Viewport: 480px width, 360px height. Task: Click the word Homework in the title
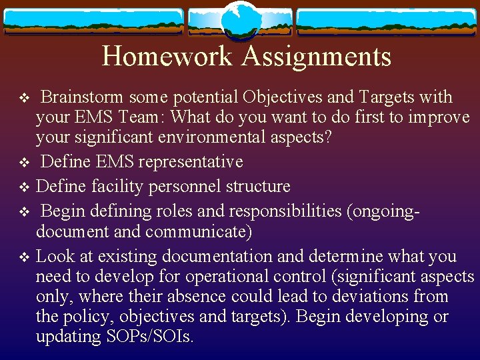click(167, 56)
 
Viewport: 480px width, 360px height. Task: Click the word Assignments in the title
click(316, 56)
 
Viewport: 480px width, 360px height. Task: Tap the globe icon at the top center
click(239, 21)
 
